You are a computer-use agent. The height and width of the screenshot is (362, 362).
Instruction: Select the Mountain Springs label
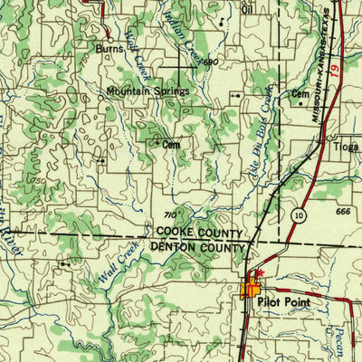[x=148, y=91]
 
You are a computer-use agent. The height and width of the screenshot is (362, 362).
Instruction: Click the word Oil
[x=247, y=10]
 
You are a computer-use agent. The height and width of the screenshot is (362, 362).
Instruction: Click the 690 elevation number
[x=210, y=62]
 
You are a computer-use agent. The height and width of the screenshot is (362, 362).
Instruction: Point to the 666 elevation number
[x=341, y=212]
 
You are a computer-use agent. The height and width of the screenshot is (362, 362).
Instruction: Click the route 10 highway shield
[x=298, y=214]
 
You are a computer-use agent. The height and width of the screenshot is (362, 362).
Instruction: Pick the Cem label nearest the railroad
[x=300, y=93]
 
